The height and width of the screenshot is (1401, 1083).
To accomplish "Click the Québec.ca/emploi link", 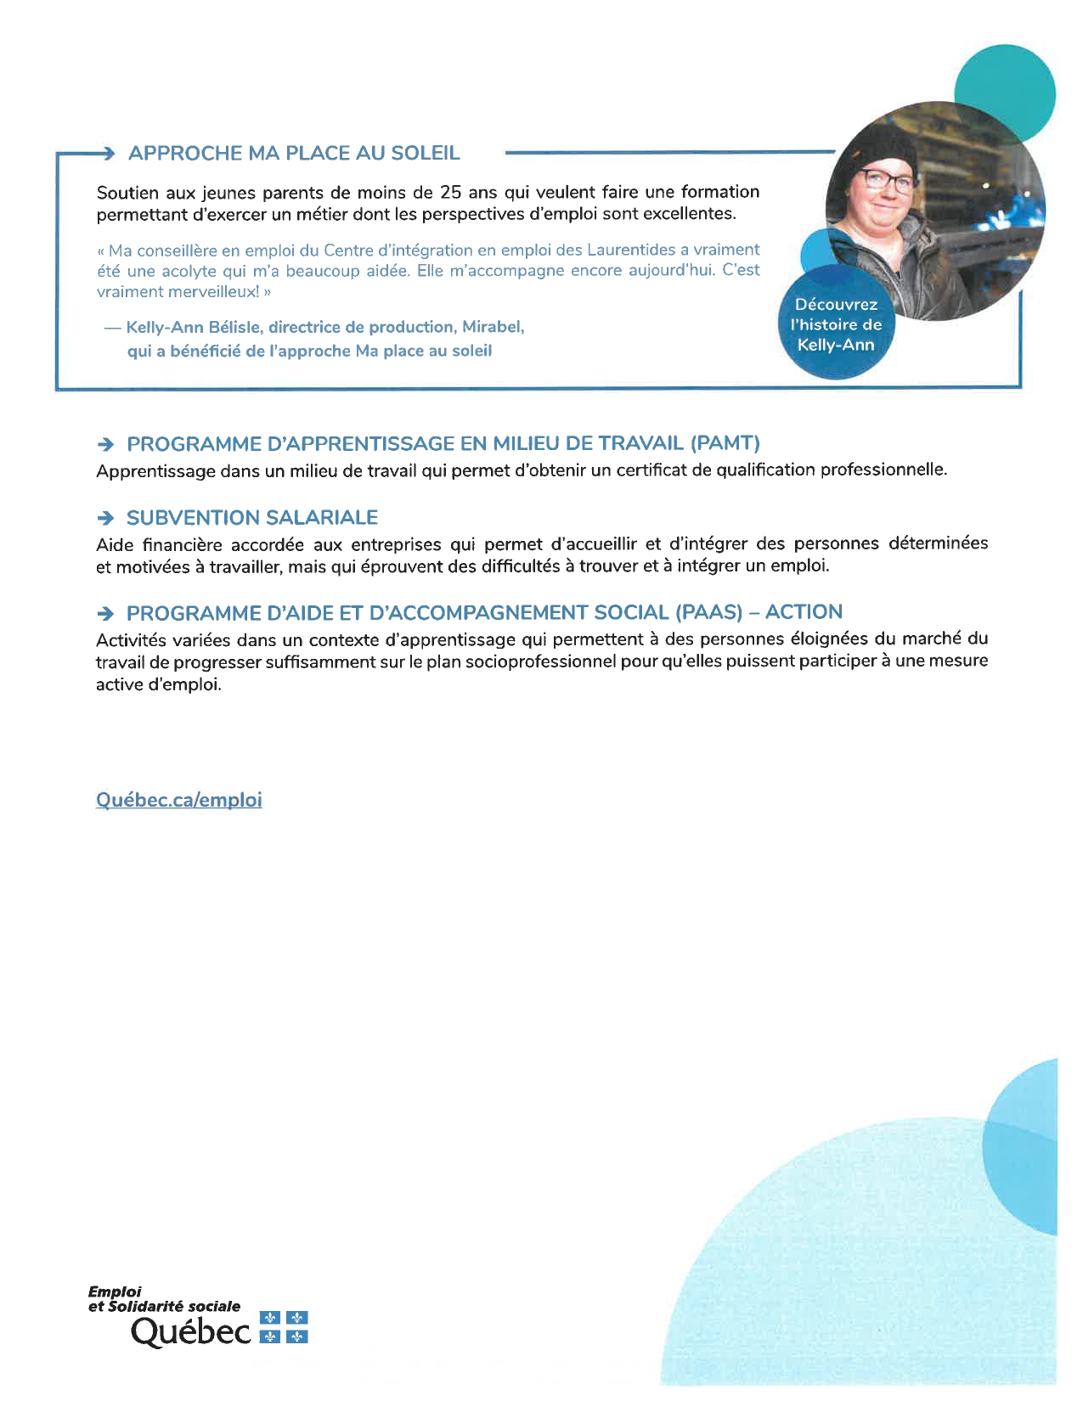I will click(x=179, y=800).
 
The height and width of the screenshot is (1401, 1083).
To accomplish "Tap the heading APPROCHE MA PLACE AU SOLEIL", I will click(x=294, y=154).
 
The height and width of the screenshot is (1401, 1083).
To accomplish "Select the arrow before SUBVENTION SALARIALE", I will click(x=105, y=518).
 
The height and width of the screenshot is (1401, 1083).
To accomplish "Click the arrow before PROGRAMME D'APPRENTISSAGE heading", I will click(x=105, y=444).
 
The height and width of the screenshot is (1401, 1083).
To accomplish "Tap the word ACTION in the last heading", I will click(x=804, y=612).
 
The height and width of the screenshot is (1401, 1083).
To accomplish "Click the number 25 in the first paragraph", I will click(x=450, y=192).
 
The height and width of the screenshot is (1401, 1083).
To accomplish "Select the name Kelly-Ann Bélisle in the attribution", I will click(x=193, y=327).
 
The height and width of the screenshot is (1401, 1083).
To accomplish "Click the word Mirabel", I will click(x=492, y=327).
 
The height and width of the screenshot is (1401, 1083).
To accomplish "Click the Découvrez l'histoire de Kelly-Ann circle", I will click(x=836, y=325).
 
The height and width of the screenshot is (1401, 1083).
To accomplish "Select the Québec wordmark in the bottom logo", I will click(x=191, y=1331).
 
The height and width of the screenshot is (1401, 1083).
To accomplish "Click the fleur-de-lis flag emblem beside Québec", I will click(x=283, y=1327).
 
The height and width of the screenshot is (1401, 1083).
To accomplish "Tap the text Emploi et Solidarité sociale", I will click(x=164, y=1299).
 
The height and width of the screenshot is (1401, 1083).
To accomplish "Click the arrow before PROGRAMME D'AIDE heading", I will click(x=105, y=613).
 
